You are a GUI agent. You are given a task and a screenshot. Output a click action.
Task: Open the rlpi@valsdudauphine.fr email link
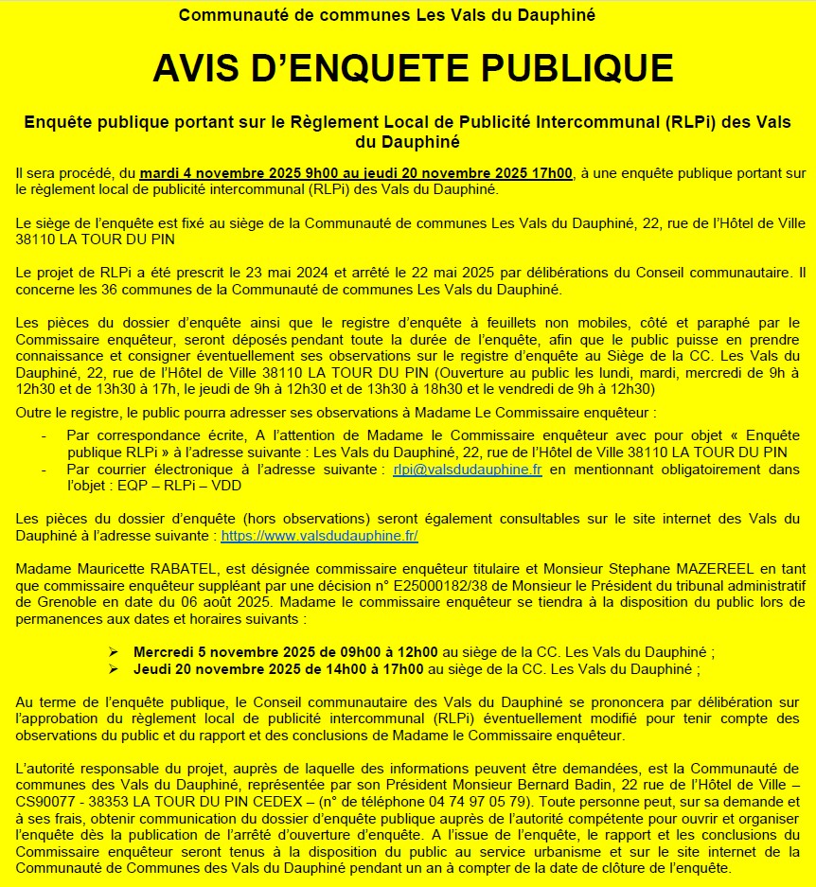coord(468,470)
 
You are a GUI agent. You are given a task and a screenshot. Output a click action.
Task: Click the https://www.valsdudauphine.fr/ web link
coord(319,536)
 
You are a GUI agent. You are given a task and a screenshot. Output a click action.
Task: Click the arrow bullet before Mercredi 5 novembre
coord(114,652)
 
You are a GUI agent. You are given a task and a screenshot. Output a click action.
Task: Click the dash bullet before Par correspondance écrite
coord(46,435)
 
